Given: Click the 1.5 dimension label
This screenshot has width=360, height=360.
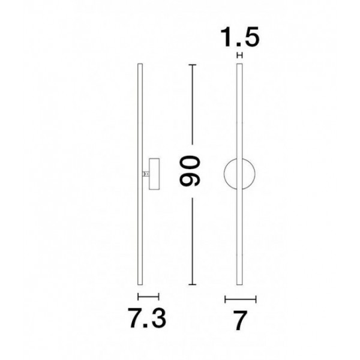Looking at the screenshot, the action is (x=239, y=37).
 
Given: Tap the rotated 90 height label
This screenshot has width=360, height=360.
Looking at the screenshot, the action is (x=190, y=170).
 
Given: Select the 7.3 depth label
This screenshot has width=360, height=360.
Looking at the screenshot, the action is (x=147, y=318).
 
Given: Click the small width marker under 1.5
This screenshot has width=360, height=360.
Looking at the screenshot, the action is (x=239, y=55).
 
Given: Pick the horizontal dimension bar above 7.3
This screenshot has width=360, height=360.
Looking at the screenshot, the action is (x=148, y=296).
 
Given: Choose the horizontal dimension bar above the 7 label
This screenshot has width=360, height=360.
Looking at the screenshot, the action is (x=241, y=299).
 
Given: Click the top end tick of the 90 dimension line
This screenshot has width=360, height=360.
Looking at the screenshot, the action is (x=193, y=65).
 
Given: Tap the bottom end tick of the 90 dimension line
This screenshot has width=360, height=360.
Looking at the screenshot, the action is (x=193, y=284).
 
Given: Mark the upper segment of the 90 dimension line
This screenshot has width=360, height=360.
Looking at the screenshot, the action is (x=193, y=104).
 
